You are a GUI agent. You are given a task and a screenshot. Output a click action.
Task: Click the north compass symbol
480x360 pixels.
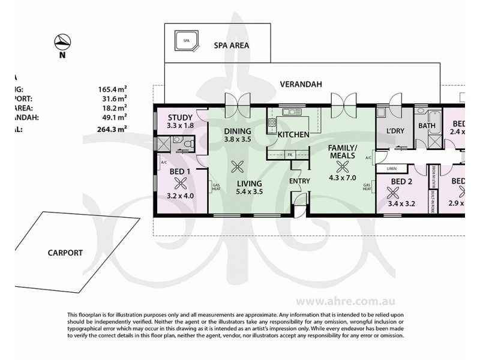click(62, 43)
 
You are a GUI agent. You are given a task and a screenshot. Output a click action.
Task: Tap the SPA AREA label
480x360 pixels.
click(232, 45)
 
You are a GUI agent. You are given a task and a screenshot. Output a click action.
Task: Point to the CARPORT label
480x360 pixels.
click(65, 253)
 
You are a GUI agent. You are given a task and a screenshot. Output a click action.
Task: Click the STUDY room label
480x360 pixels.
click(179, 117)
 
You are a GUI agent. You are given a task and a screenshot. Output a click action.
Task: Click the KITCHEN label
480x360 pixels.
click(293, 134)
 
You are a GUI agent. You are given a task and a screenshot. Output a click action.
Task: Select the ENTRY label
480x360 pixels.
click(299, 180)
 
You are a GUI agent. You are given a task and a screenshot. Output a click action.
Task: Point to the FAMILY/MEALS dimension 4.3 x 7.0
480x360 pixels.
click(343, 178)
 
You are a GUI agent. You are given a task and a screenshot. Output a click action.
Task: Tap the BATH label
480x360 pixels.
click(427, 126)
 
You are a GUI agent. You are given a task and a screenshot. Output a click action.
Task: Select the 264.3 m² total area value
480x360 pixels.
click(112, 128)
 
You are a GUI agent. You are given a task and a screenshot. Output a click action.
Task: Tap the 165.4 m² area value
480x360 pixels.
click(112, 89)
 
